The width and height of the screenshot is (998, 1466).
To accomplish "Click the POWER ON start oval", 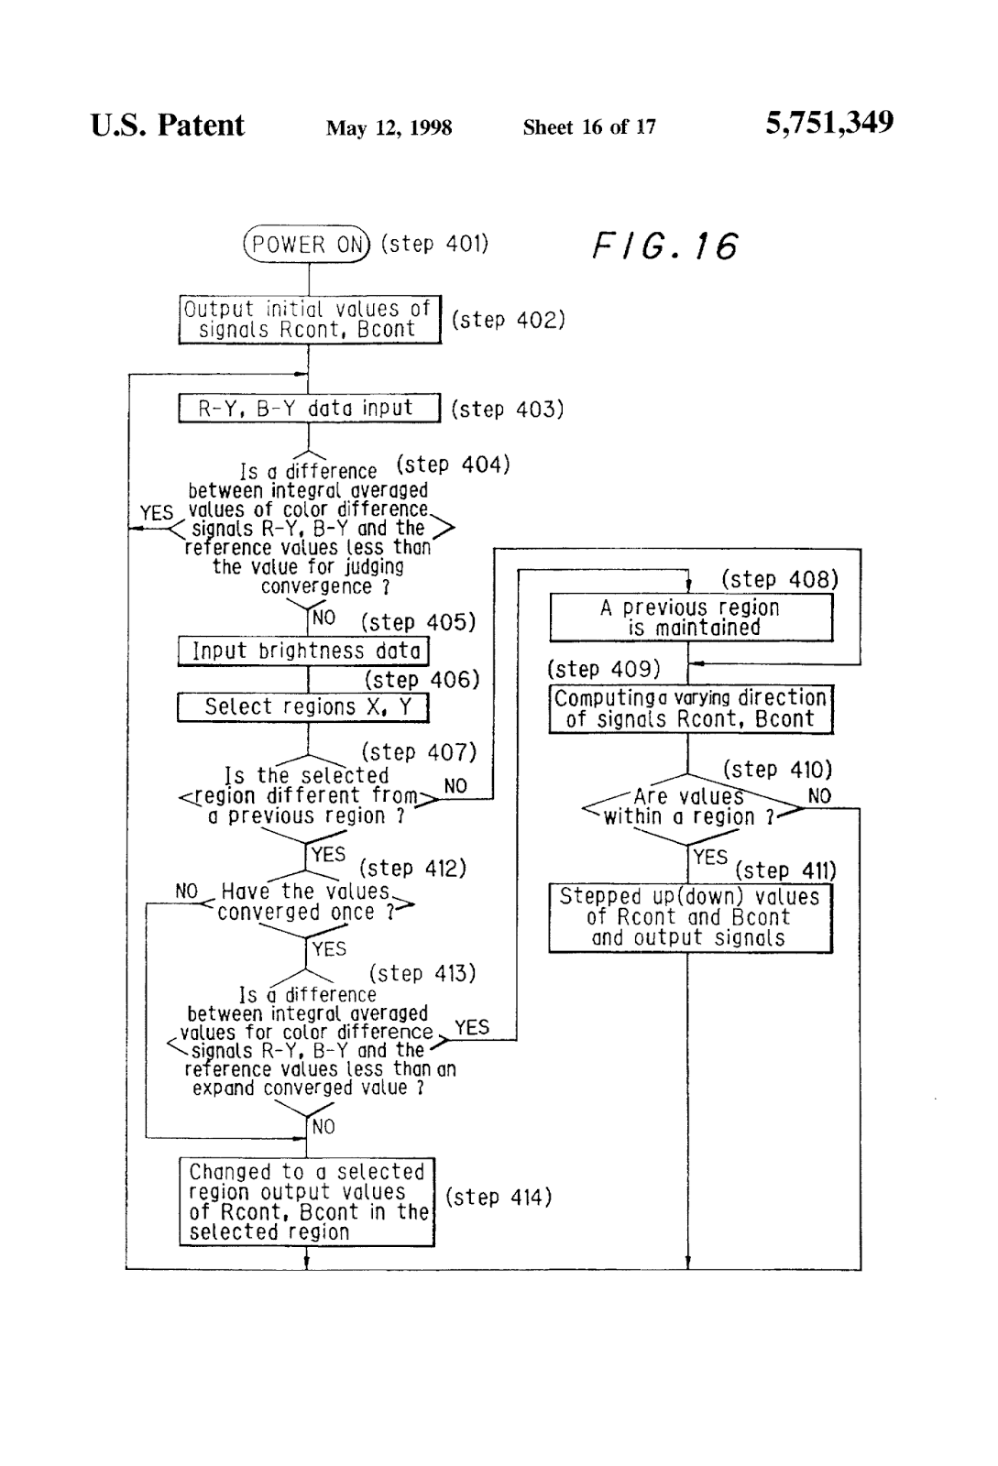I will coord(307,245).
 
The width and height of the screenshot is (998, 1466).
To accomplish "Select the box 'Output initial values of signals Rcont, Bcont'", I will coord(309,320).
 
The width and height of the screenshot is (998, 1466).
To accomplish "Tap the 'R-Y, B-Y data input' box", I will coord(309,409).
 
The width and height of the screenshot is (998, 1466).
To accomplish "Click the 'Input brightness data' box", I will coord(303,651).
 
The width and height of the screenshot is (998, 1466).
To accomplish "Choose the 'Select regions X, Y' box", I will coord(303,707).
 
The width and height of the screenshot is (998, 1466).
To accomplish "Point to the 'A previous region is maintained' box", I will coord(691,618).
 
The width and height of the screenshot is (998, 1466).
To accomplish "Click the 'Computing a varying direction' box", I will coord(691,709).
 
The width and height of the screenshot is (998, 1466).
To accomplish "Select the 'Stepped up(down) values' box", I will coord(690,917).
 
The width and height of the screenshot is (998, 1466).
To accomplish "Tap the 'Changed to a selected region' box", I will coord(306,1201).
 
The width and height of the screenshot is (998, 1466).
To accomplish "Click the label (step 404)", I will coord(453,465).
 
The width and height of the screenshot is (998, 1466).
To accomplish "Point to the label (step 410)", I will coord(777,769).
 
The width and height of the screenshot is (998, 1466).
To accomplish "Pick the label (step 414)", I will coord(499,1197).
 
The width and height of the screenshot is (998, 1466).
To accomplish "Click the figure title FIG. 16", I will coord(664,246).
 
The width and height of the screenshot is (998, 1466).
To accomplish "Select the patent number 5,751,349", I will coord(829,123).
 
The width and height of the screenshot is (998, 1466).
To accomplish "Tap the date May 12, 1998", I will coord(389,128).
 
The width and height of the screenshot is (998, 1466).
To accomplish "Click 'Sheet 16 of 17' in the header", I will coord(589,127).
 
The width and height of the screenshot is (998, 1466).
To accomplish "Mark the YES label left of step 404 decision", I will coord(157,513).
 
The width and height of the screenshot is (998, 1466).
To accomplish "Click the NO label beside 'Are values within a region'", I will coord(819,796).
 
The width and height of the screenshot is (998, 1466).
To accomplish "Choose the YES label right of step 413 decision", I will coord(472,1027).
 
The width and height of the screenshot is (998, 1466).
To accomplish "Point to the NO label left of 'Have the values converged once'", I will coord(187,892).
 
